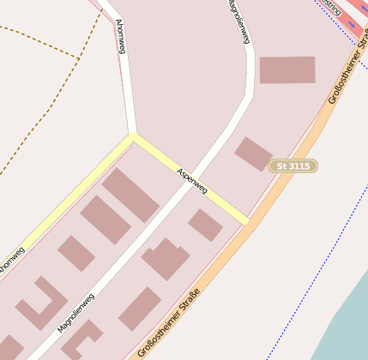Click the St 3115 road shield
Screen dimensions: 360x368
(x=293, y=165)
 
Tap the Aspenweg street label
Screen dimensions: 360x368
(x=191, y=180)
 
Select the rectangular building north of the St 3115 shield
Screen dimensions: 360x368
(x=287, y=70)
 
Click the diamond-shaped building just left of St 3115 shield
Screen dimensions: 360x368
(x=253, y=153)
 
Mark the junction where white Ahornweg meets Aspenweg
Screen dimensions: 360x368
(x=132, y=135)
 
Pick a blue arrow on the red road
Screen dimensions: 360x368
(x=352, y=25)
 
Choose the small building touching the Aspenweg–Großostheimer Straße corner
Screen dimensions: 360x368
(x=206, y=225)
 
